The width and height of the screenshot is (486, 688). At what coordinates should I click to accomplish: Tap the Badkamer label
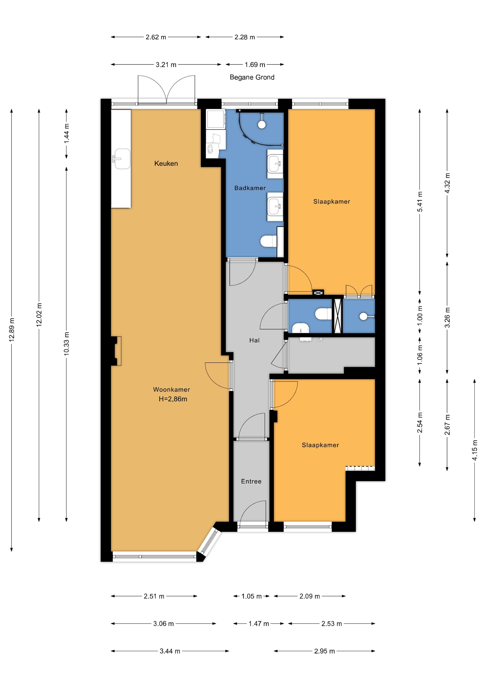click(x=250, y=188)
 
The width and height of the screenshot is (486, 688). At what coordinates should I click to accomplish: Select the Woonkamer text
click(x=171, y=390)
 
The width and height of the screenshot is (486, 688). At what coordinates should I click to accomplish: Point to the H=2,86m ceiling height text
click(x=173, y=399)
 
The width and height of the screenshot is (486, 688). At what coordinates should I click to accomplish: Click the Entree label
click(x=251, y=481)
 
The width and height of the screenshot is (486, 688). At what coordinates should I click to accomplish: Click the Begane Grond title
click(x=252, y=77)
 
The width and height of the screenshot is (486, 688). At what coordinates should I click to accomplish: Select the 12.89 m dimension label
click(x=12, y=330)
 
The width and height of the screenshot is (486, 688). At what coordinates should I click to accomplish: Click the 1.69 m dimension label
click(x=255, y=64)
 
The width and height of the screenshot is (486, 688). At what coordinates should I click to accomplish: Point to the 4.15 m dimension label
click(x=475, y=450)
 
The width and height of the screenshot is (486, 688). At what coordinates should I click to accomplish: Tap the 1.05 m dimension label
click(x=252, y=596)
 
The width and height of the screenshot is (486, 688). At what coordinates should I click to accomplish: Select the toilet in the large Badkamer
click(x=269, y=241)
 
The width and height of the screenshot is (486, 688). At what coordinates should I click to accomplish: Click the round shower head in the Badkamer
click(x=262, y=124)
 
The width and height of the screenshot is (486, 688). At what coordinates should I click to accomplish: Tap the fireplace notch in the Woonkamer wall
click(x=116, y=351)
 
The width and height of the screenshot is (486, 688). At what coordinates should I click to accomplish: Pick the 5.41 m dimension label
click(x=420, y=202)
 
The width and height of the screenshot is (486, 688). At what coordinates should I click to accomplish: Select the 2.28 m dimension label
click(x=245, y=37)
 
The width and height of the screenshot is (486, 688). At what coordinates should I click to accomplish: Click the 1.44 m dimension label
click(x=67, y=133)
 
